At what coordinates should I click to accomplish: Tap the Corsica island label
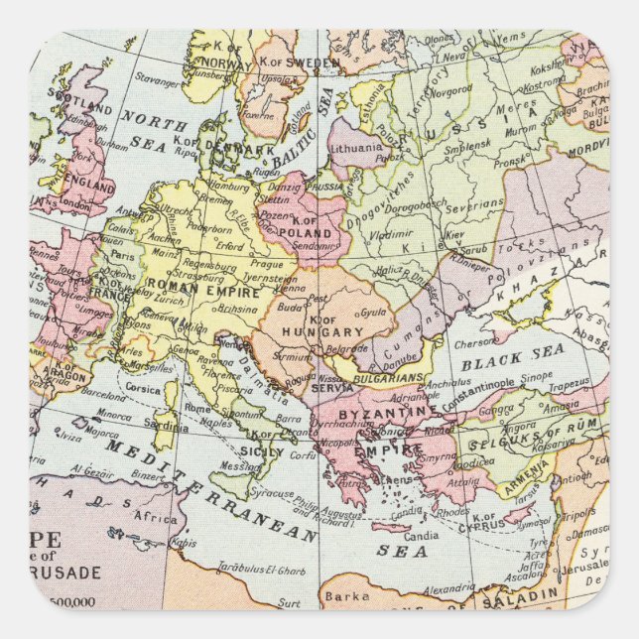click(x=143, y=389)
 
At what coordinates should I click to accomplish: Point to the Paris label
click(x=121, y=254)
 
